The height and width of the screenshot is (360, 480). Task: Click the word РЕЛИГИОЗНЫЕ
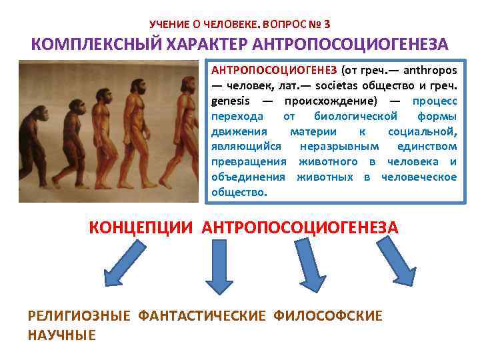coord(79,315)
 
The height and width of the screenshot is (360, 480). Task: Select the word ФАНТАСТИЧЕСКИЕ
coord(202,315)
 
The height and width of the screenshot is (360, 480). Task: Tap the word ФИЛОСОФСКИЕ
coord(328,315)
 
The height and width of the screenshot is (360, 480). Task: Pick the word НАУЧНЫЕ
coord(61,335)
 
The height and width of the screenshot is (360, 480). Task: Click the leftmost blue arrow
coord(124,263)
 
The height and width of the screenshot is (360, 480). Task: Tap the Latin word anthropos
coord(425,70)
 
